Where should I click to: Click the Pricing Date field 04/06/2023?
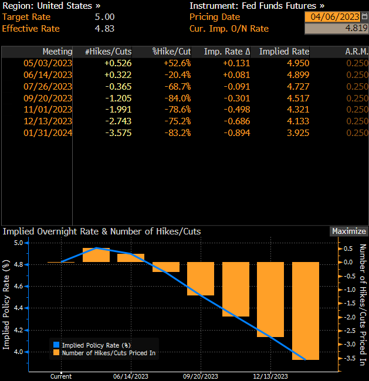tap(332, 17)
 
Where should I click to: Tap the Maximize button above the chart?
tap(349, 231)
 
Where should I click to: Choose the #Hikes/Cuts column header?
tap(109, 52)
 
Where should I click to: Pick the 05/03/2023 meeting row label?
tap(48, 63)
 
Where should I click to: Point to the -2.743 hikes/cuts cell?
tap(117, 121)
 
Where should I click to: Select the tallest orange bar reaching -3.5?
tap(306, 311)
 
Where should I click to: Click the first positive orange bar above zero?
tap(96, 254)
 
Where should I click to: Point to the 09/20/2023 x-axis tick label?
tap(201, 376)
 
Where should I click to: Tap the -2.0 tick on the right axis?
tap(348, 317)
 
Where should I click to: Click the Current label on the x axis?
tap(61, 376)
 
